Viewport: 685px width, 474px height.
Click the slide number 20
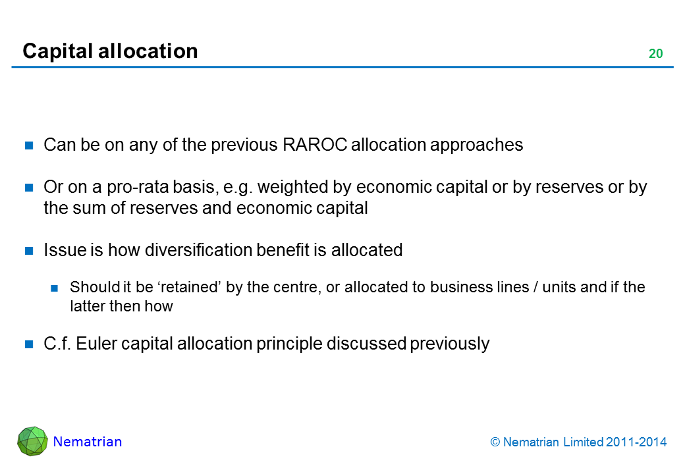tap(655, 53)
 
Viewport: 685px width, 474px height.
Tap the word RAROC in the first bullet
tap(315, 145)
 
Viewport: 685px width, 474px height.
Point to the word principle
tap(288, 344)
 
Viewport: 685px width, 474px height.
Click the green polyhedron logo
tap(32, 441)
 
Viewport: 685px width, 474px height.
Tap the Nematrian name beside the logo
tap(88, 442)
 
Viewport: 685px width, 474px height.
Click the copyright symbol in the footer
tap(495, 442)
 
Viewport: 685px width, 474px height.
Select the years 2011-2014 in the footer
tap(636, 442)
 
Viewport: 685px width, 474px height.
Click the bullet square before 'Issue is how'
tap(29, 251)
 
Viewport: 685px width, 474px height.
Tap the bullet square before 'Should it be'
tap(54, 288)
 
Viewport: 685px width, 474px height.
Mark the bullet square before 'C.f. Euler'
tap(29, 344)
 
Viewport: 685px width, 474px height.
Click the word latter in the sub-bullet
tap(88, 306)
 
